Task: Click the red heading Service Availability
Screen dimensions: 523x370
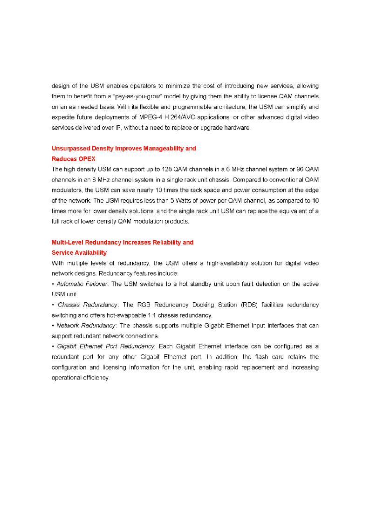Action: (x=79, y=253)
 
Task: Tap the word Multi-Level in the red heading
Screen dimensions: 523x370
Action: (x=68, y=243)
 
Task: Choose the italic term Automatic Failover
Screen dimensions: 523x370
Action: (x=82, y=284)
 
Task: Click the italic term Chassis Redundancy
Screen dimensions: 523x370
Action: (x=88, y=305)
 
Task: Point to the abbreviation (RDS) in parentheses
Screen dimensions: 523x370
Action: (x=251, y=305)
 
